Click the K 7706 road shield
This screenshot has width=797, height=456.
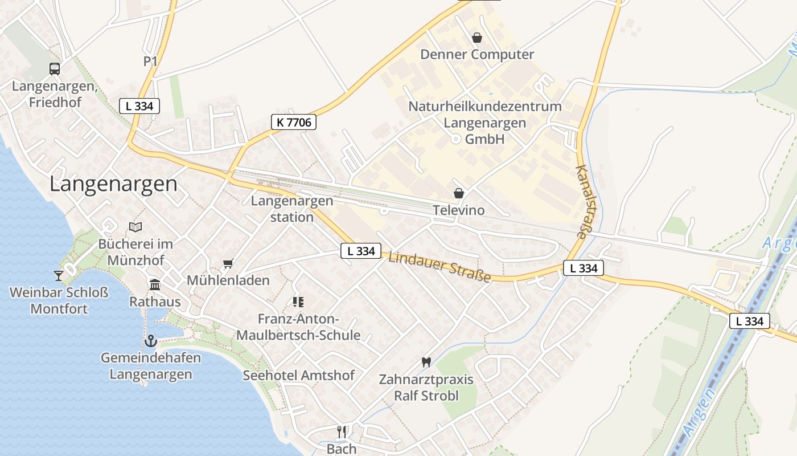[293, 122]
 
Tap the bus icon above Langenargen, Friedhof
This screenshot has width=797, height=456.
[55, 69]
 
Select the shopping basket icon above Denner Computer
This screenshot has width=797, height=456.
[477, 38]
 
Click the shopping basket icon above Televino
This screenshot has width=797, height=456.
[459, 194]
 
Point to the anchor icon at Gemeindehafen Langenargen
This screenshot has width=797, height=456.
[151, 341]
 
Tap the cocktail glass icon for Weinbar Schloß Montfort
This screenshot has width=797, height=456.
[59, 276]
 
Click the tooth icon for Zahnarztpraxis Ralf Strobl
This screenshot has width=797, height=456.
[426, 362]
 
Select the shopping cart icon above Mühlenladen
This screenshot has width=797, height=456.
[228, 263]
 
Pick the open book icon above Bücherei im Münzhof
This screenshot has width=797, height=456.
[135, 227]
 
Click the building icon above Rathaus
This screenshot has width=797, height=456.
[155, 284]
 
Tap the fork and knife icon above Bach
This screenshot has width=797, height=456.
[342, 431]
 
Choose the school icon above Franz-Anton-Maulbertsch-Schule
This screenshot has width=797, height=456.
[298, 302]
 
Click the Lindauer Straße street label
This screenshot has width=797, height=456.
[439, 267]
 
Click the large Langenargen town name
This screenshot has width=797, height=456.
[113, 184]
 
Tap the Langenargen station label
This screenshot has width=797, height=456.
[292, 209]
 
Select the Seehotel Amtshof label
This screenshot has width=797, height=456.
[298, 375]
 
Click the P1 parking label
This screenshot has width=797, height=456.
[150, 62]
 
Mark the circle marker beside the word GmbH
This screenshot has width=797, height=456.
[455, 139]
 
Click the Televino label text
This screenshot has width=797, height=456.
[459, 210]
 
